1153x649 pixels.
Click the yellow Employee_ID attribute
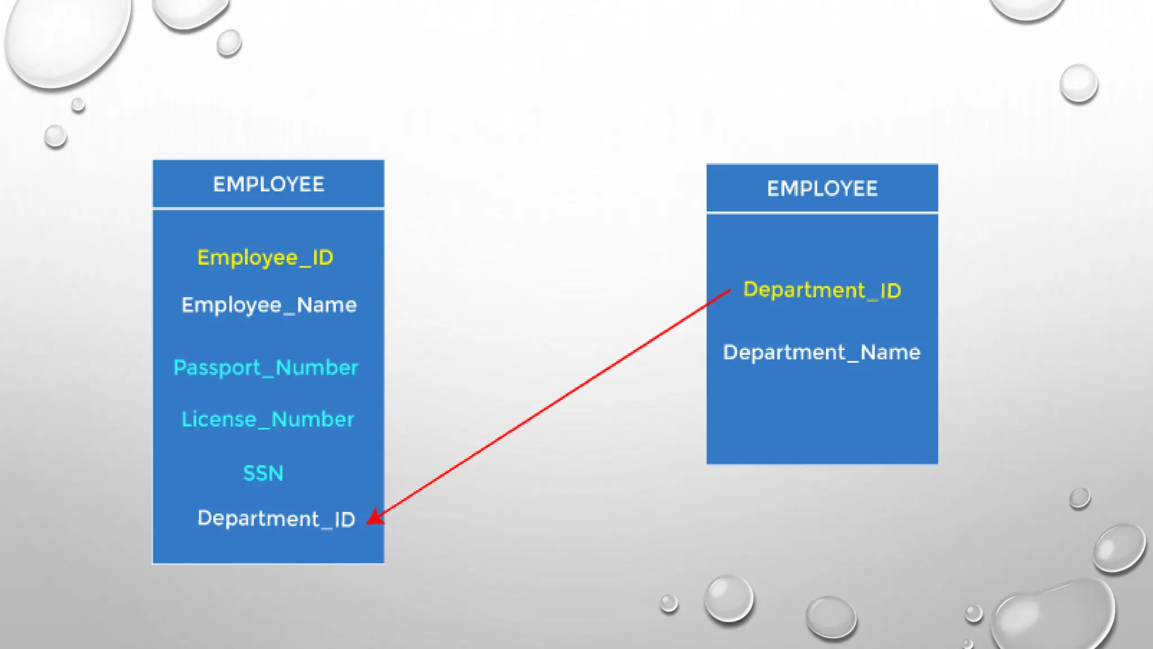265,258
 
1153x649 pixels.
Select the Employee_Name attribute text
269,305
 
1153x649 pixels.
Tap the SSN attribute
263,473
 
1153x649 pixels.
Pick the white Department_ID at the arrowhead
276,519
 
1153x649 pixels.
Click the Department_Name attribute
821,353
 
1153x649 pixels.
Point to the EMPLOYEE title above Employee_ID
269,185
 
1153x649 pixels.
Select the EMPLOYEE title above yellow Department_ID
822,189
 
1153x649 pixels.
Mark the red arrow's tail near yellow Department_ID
729,291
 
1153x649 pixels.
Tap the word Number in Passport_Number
317,368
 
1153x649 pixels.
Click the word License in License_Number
219,420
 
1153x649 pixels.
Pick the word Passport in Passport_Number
217,368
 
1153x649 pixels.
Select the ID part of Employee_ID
323,258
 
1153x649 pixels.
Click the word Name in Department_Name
891,353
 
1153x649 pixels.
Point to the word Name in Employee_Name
327,305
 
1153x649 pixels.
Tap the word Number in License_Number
312,420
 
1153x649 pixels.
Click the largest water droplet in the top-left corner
68,39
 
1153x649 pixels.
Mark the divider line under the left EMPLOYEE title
269,208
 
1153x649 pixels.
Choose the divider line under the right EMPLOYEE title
822,213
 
